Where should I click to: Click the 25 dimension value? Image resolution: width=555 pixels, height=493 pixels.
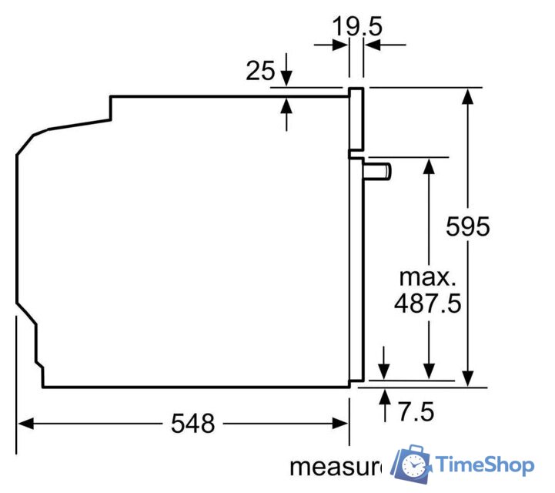tap(260, 71)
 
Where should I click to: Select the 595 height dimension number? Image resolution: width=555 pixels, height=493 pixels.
tap(468, 226)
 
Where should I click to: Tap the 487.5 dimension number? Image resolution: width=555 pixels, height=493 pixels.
tap(427, 303)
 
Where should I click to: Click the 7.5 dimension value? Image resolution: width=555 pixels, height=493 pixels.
tap(415, 411)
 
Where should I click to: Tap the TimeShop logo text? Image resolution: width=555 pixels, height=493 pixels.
tap(484, 464)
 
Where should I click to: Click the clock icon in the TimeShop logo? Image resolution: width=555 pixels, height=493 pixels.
tap(416, 464)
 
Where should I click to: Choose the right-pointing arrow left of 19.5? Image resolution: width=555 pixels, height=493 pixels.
tap(340, 45)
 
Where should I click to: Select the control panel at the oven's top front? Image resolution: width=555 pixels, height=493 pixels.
tap(356, 119)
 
